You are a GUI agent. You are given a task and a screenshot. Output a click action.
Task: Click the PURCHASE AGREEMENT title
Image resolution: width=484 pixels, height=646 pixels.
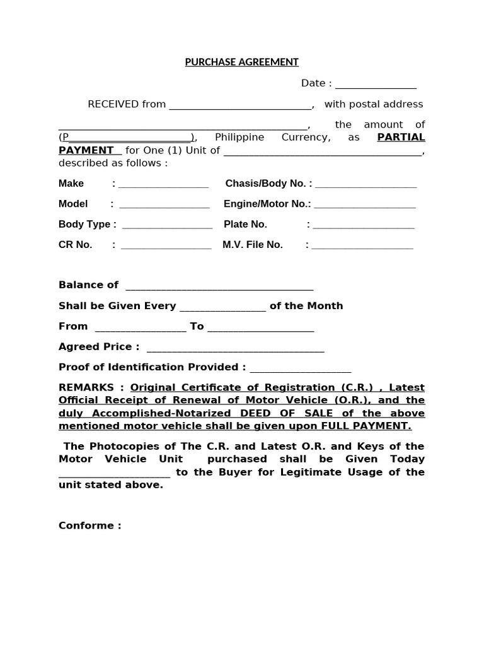(241, 62)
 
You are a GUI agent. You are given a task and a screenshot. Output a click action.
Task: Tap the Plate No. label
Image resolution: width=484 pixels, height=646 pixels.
(245, 224)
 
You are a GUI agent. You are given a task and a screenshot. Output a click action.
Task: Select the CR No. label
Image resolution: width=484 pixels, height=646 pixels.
(76, 245)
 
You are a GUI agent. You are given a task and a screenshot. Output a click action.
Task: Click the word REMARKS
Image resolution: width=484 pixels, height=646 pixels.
(86, 387)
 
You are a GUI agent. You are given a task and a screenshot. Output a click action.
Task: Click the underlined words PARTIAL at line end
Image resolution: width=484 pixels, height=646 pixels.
(401, 138)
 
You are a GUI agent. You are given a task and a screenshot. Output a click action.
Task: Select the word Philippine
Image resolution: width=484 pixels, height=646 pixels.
(239, 138)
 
